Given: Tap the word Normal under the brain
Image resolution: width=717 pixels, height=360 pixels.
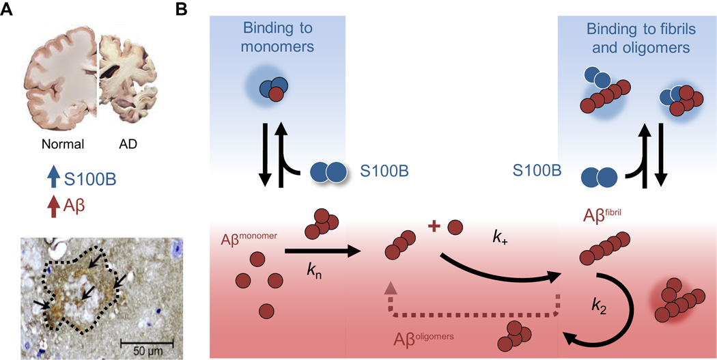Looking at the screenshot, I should [63, 145].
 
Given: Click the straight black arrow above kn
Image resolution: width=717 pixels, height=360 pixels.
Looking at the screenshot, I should [321, 251].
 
